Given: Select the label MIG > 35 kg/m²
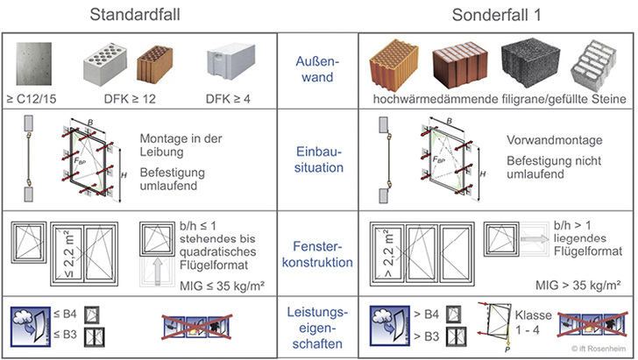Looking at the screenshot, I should coord(580,284).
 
